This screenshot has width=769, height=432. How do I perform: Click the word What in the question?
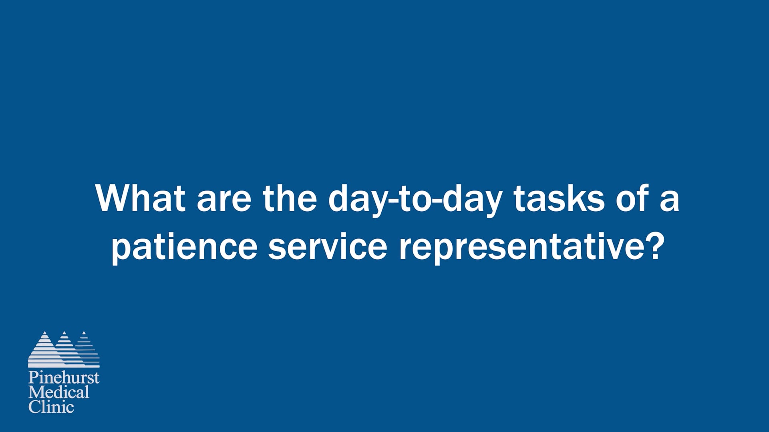coord(140,198)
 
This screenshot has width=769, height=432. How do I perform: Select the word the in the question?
coord(290,198)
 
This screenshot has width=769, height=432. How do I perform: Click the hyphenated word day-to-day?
coord(415,200)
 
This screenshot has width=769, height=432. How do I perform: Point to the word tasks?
coord(559,198)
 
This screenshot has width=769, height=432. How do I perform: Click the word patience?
coord(184,247)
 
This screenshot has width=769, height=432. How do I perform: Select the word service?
coord(327,246)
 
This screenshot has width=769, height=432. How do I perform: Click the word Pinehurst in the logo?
coord(64,378)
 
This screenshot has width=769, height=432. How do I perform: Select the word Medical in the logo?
coord(59,392)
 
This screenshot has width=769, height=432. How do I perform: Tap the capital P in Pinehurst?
coord(33,378)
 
